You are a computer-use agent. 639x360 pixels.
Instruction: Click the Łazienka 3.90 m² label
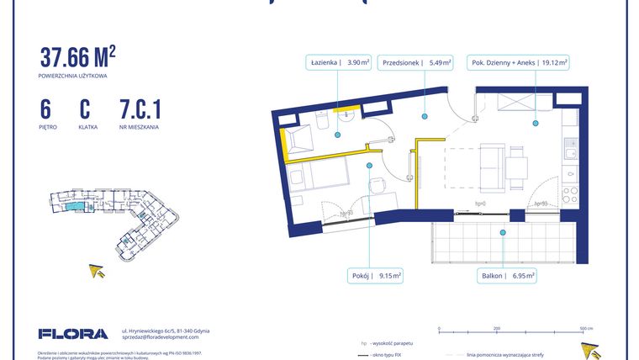(337, 61)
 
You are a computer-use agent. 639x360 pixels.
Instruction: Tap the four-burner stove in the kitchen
(570, 196)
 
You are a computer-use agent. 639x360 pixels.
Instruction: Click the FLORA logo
(73, 333)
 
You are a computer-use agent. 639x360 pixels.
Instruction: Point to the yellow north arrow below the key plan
(98, 271)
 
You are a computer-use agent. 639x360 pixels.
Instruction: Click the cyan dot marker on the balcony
(503, 233)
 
